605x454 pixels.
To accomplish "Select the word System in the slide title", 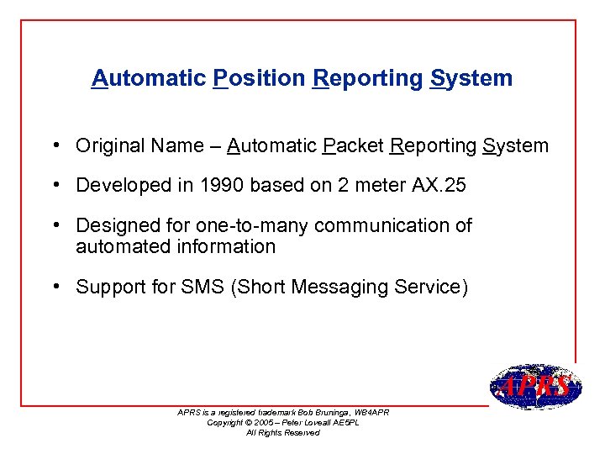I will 471,78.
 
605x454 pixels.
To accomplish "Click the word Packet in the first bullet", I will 352,145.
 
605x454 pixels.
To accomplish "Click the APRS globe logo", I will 535,387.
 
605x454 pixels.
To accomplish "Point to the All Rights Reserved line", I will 283,432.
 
